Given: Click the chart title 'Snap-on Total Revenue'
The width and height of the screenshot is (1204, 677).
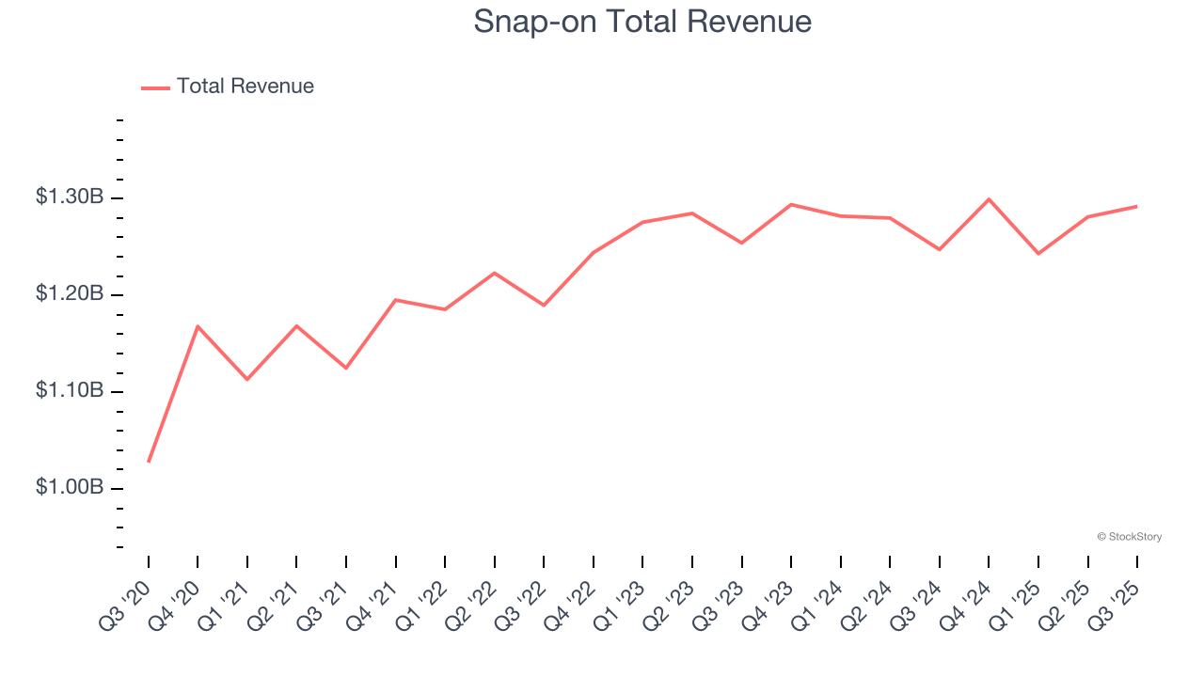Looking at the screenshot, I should click(x=642, y=22).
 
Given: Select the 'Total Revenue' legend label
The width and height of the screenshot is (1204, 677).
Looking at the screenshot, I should click(x=245, y=87).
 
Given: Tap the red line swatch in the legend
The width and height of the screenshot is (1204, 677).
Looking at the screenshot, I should click(x=155, y=87).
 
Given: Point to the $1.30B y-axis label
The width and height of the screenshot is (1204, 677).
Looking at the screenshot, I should click(x=70, y=197).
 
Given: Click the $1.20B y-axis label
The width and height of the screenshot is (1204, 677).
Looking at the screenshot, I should click(x=70, y=294).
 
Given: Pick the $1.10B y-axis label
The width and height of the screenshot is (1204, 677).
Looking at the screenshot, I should click(x=70, y=390).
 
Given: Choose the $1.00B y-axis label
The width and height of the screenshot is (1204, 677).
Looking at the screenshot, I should click(x=70, y=487).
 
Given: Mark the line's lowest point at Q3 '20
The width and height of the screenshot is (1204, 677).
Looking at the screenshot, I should click(x=149, y=462).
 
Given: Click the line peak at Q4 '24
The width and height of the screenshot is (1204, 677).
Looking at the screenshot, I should click(x=989, y=199).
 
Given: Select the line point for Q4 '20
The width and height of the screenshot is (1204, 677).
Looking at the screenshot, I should click(x=198, y=326).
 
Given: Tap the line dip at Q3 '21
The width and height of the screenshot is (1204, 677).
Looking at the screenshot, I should click(x=346, y=368).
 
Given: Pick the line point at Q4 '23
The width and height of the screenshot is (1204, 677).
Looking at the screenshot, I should click(x=791, y=204).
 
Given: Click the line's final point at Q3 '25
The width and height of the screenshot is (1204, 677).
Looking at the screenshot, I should click(x=1136, y=206).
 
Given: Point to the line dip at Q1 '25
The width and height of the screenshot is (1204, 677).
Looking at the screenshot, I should click(x=1038, y=254).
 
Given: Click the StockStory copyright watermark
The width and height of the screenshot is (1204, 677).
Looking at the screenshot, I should click(x=1129, y=537).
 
